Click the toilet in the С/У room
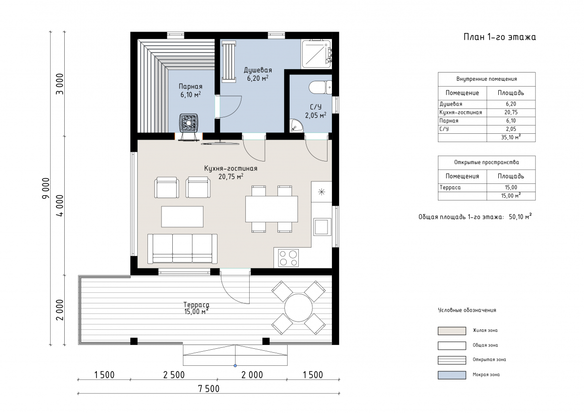(320, 87)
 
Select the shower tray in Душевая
(316, 54)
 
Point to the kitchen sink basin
(322, 227)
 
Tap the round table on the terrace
(298, 308)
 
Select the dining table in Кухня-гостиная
(272, 209)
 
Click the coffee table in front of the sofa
(182, 216)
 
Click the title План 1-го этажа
(499, 37)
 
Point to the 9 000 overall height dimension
(46, 188)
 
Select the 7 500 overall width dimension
(209, 389)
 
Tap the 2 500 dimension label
(174, 375)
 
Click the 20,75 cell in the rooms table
(511, 112)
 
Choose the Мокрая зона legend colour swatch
(452, 375)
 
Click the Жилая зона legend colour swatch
(452, 331)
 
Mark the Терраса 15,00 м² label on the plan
(196, 308)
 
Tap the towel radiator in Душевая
(229, 62)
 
